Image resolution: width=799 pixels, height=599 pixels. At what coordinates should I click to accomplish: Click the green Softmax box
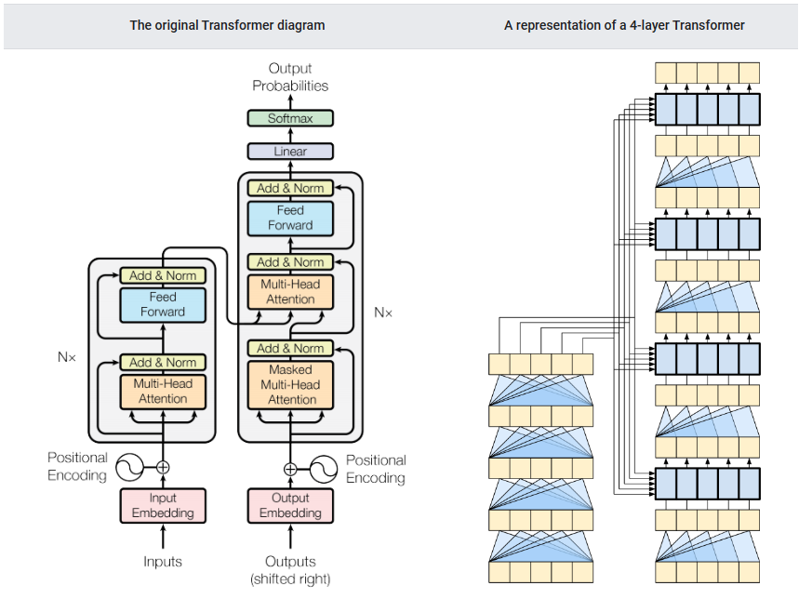click(289, 118)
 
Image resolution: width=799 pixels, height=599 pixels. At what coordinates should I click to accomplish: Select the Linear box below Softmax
click(289, 151)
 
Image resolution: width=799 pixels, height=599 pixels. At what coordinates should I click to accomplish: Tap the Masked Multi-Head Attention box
click(290, 384)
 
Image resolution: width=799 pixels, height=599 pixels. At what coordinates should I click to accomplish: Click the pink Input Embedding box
click(163, 505)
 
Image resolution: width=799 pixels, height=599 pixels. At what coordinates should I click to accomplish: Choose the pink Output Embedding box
click(289, 505)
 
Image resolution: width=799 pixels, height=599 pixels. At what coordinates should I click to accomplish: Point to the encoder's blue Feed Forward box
click(163, 304)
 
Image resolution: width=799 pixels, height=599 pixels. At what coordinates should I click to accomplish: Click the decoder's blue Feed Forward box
click(290, 218)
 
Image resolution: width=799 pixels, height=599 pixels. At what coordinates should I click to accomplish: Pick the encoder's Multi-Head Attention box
click(163, 391)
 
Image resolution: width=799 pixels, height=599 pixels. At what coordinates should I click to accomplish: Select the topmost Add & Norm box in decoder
click(290, 188)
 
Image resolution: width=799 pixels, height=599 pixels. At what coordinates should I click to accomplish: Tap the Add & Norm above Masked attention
click(290, 348)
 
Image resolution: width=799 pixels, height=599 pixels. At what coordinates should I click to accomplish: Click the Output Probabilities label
click(290, 76)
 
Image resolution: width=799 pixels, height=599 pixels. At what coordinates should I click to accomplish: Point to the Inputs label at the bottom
click(163, 561)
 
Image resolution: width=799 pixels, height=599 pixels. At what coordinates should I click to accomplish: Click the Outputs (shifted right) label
click(290, 569)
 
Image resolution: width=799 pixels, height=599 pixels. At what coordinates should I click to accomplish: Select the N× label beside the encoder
click(66, 356)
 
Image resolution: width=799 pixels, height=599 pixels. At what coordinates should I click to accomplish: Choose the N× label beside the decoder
click(383, 313)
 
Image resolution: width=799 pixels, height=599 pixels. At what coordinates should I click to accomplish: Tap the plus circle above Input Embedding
click(163, 467)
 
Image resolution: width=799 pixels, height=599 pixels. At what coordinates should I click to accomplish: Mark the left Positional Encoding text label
click(78, 467)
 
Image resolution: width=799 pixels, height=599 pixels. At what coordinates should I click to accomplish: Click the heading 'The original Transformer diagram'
click(227, 25)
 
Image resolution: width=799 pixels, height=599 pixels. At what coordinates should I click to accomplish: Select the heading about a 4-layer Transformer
click(624, 25)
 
